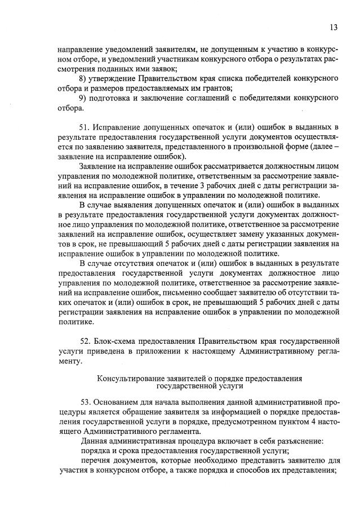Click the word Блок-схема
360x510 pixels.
(x=117, y=341)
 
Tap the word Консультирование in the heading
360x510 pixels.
(x=130, y=378)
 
